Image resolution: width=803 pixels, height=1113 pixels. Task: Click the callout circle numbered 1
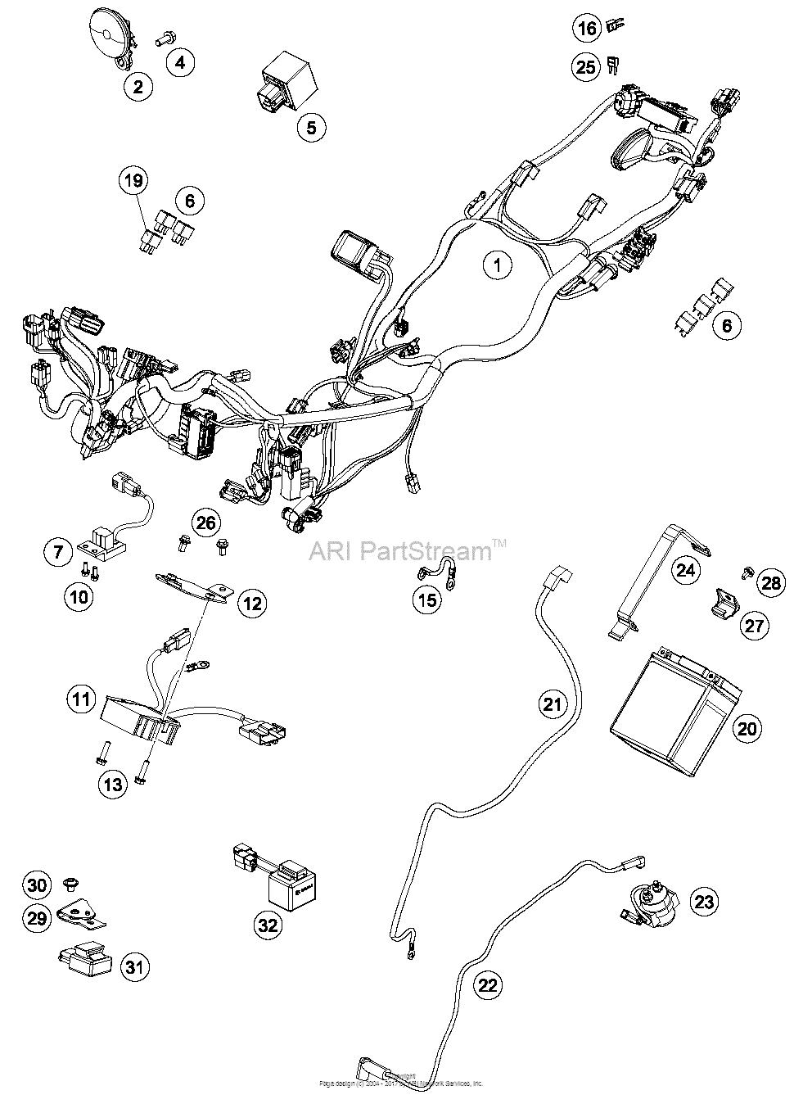pos(496,265)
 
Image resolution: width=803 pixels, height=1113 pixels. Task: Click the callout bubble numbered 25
pos(586,66)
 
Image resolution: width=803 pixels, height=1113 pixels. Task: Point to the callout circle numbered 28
pos(771,583)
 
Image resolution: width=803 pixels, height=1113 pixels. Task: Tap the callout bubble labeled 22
pos(488,985)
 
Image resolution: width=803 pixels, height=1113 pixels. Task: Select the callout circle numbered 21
pos(553,704)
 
